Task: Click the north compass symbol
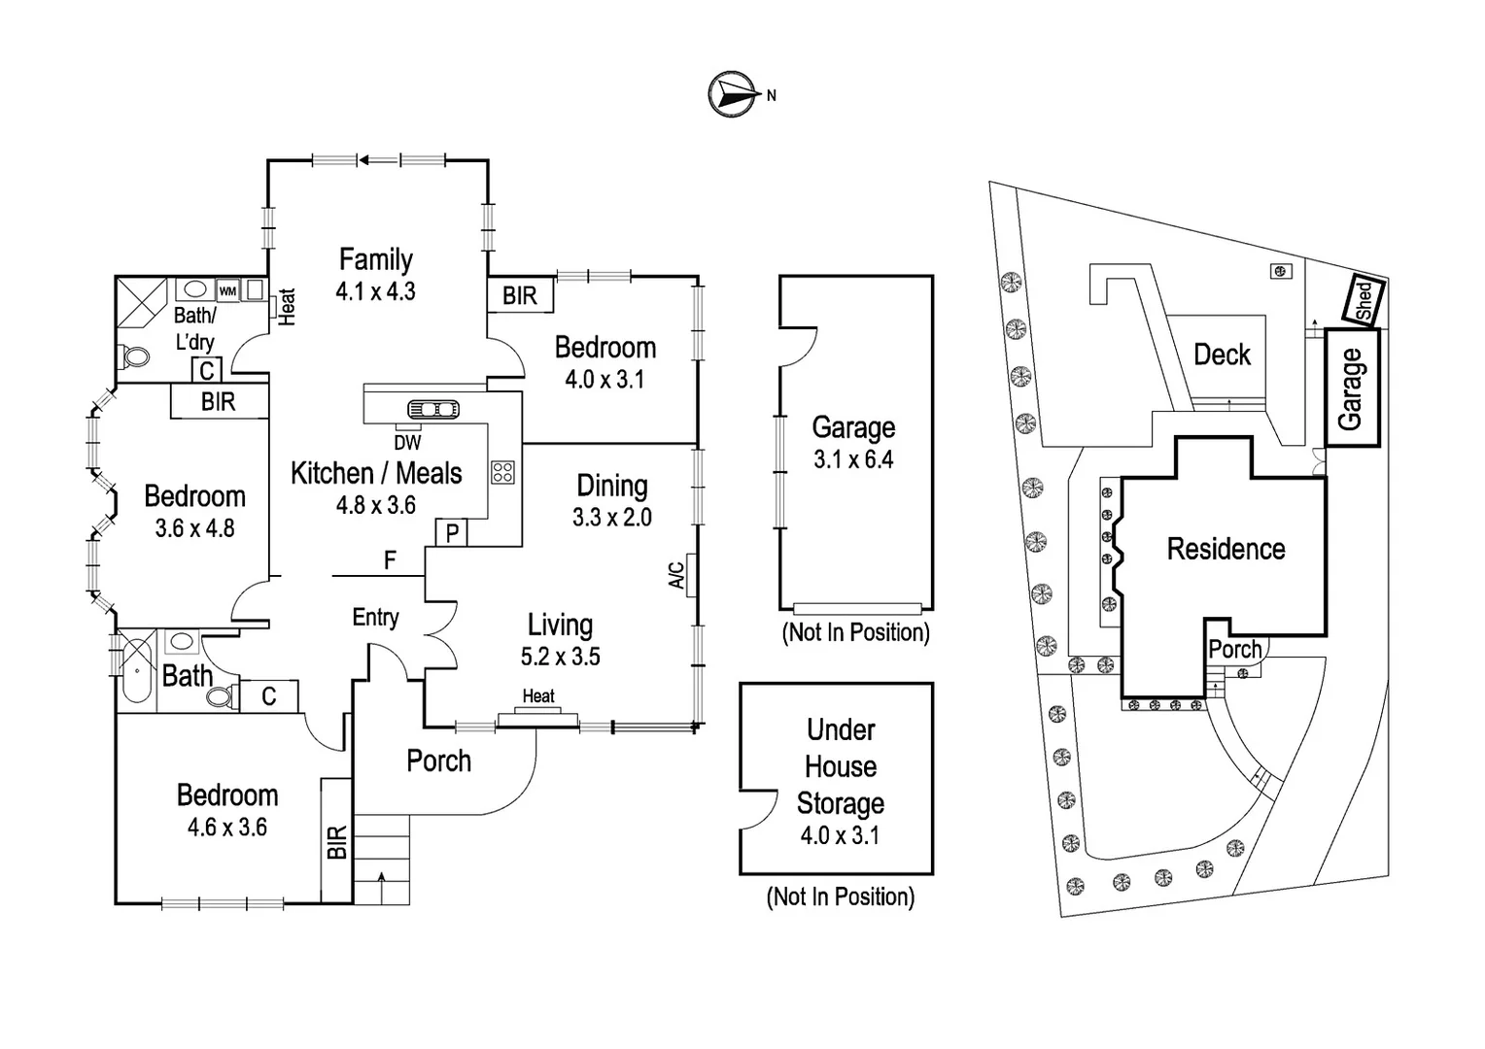point(733,94)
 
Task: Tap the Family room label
point(376,259)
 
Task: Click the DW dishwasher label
point(408,443)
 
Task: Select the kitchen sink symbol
point(433,410)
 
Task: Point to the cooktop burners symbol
point(502,472)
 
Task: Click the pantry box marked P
point(452,533)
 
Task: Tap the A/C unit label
point(677,575)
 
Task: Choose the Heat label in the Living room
point(538,696)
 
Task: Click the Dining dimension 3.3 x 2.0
point(611,518)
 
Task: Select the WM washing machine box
point(227,290)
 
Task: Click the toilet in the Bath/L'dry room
point(135,357)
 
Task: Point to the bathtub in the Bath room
point(137,669)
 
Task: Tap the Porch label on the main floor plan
point(438,761)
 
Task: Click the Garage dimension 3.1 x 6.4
point(853,459)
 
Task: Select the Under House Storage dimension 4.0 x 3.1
point(840,835)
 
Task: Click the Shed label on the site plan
point(1363,299)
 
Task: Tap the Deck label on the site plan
point(1222,355)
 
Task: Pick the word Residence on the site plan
point(1226,549)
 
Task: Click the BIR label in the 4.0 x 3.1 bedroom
point(520,295)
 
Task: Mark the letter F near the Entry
point(391,560)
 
